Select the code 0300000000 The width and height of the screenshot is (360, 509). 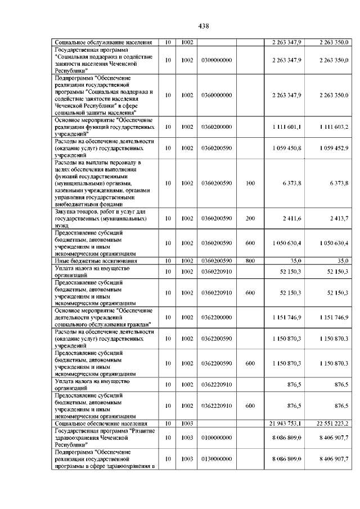[217, 60]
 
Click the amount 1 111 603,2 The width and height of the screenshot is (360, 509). [334, 127]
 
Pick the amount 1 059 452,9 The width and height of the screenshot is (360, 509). [334, 148]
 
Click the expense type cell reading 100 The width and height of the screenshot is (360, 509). [250, 183]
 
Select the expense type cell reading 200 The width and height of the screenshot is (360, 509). [250, 218]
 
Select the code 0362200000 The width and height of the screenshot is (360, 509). [217, 317]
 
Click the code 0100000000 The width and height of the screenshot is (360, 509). [217, 437]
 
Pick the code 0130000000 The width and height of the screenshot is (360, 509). [217, 459]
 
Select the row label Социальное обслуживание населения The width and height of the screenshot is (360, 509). [102, 42]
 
